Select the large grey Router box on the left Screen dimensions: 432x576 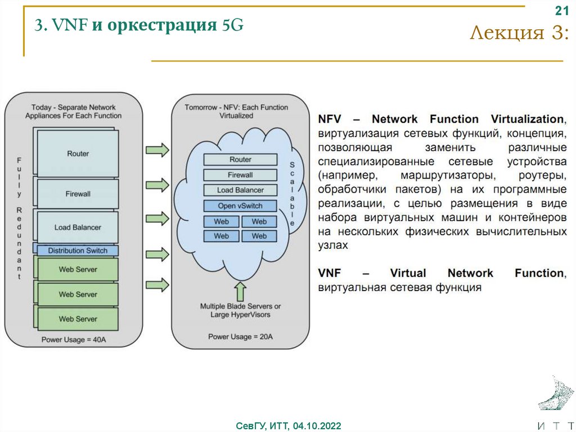point(78,153)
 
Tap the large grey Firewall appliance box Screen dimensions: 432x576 point(78,194)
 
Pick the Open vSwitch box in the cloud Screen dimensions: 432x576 point(240,206)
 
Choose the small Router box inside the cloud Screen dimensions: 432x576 point(240,159)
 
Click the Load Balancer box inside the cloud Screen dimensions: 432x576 point(240,190)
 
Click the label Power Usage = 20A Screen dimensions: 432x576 point(240,337)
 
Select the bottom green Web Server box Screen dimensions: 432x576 point(78,319)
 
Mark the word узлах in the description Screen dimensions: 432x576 point(333,246)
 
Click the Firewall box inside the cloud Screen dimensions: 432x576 point(240,175)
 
